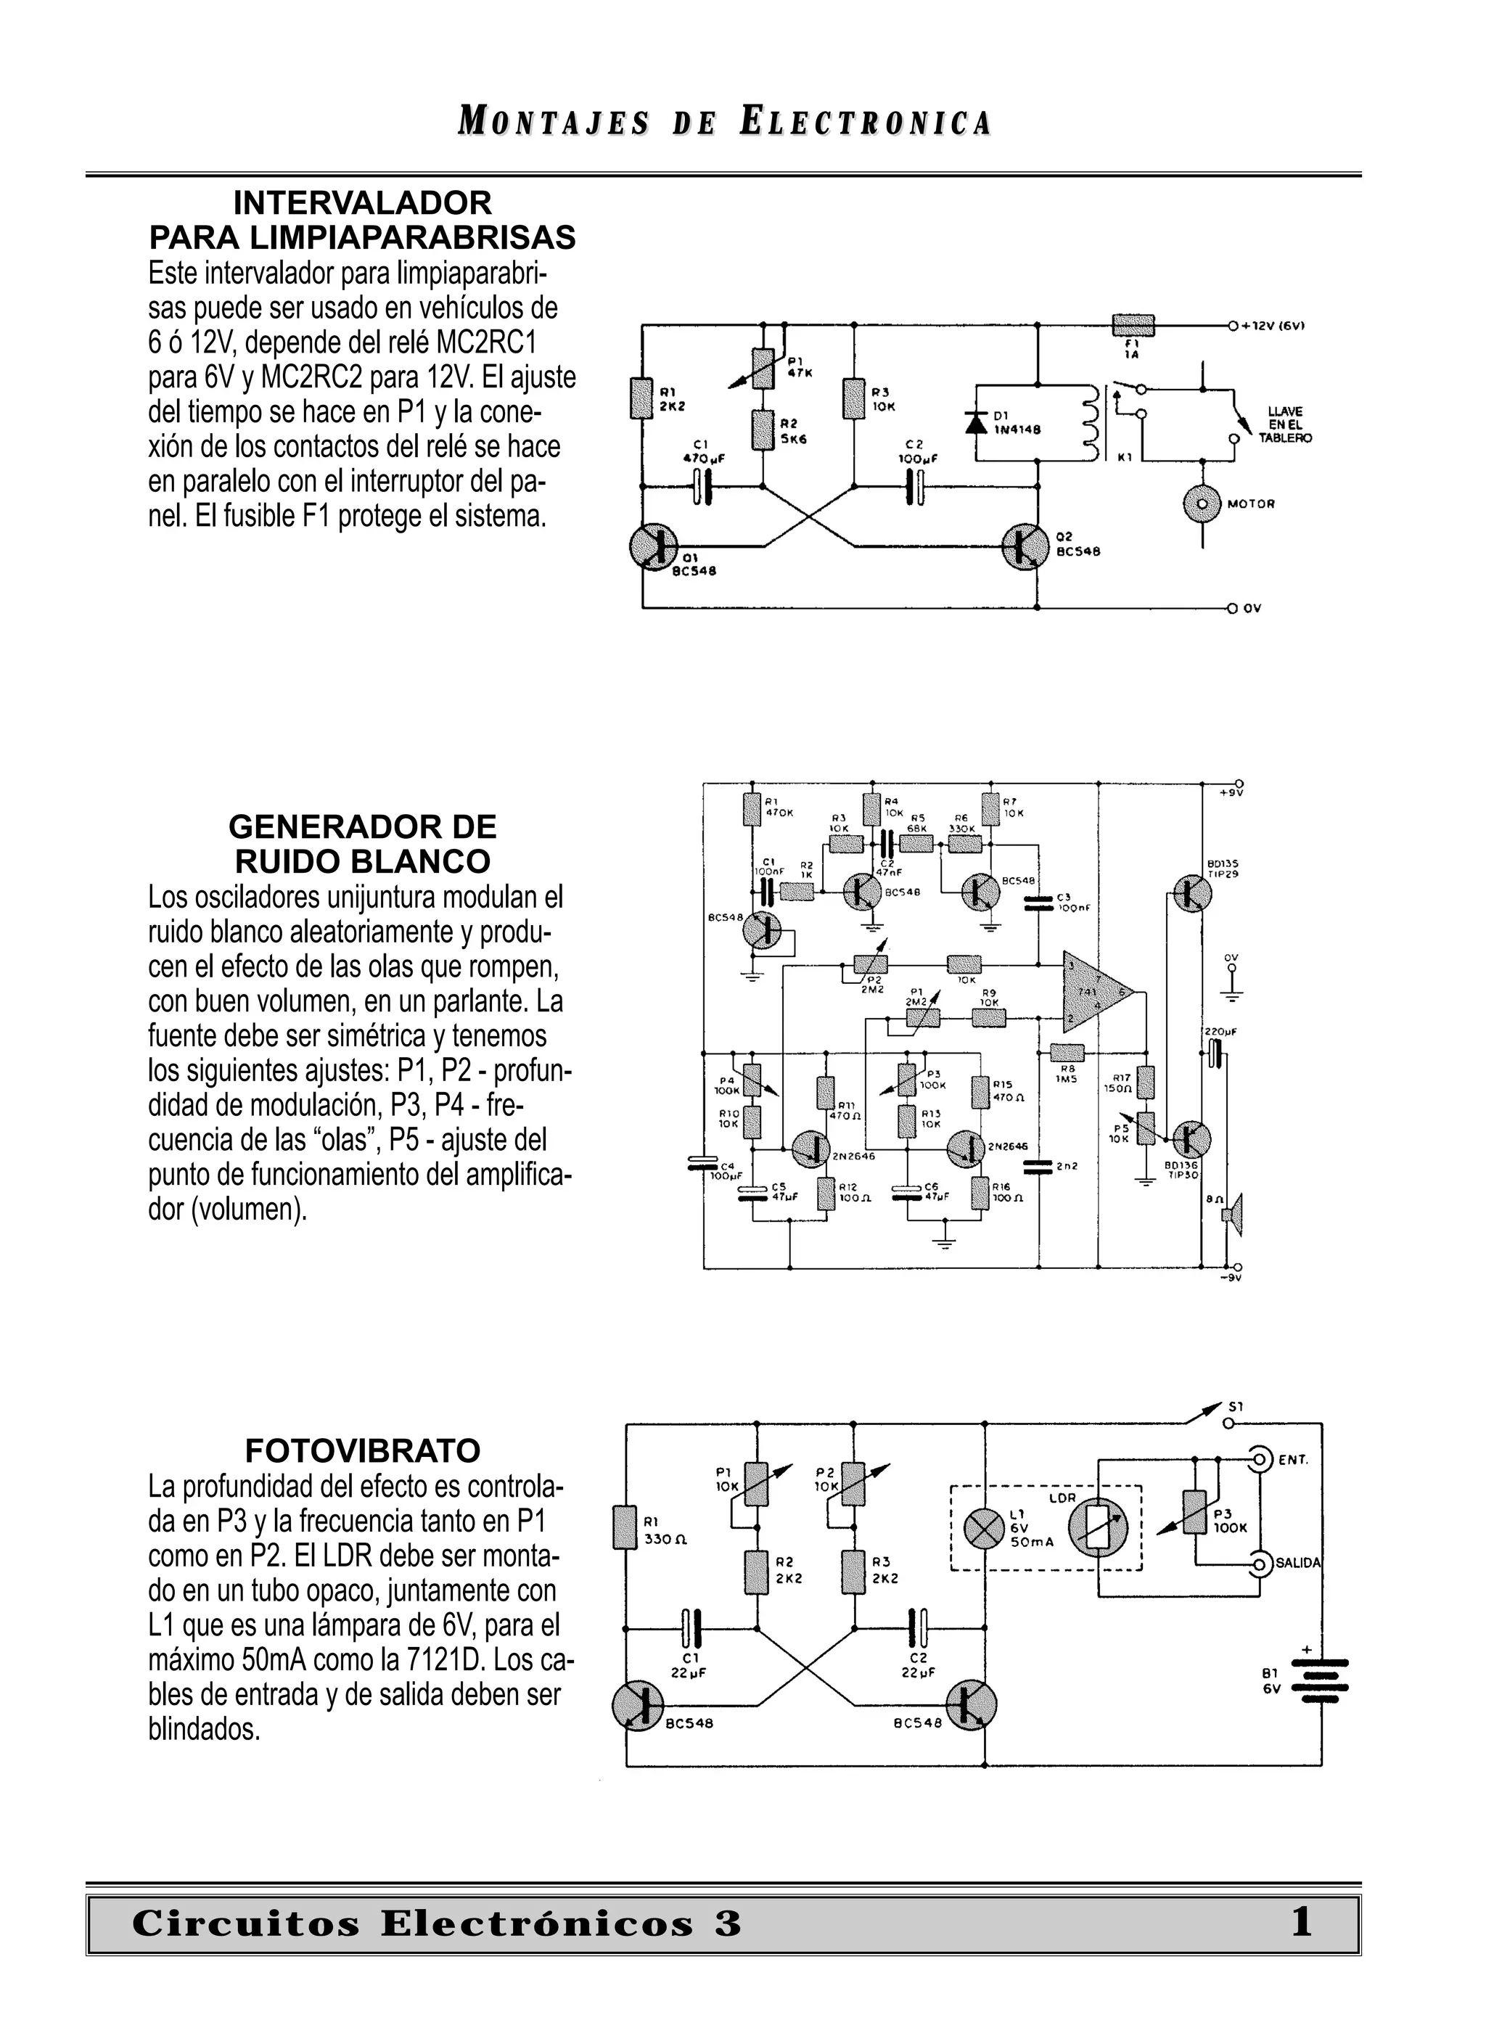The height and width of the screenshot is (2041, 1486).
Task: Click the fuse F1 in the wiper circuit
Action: point(1133,324)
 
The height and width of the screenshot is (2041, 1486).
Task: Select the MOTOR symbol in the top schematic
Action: point(1202,505)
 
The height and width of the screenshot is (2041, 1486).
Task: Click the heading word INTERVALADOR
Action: point(362,203)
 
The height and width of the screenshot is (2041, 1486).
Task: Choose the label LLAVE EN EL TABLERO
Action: point(1284,424)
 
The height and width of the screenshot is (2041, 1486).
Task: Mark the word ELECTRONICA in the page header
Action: point(865,123)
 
